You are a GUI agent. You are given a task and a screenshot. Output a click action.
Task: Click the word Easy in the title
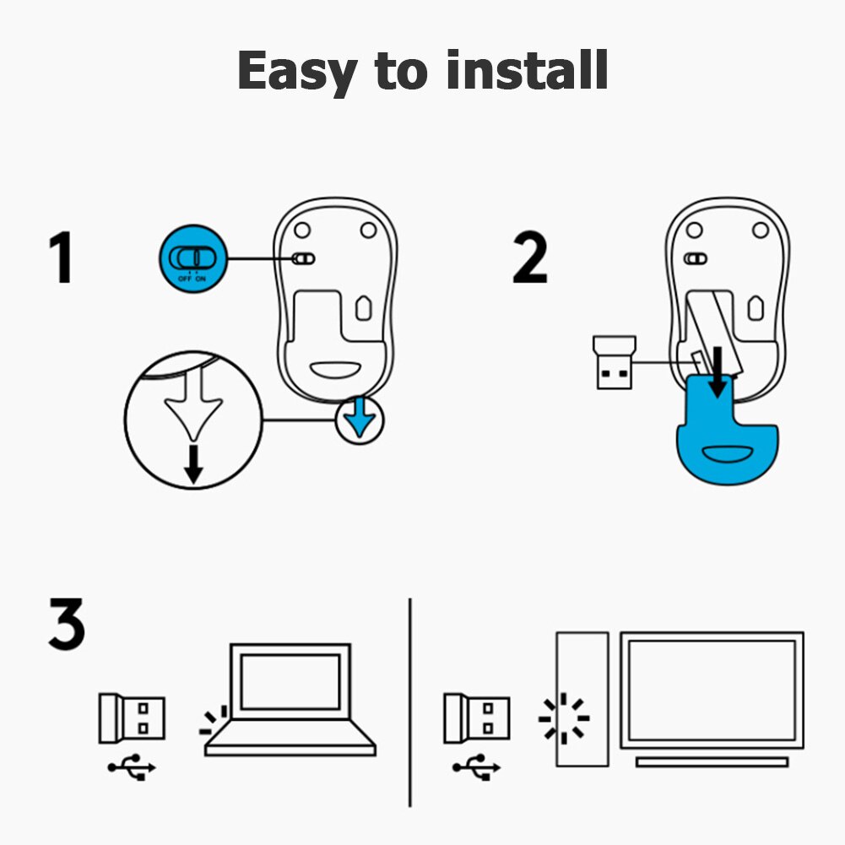(296, 71)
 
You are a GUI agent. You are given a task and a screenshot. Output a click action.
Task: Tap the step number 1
(60, 259)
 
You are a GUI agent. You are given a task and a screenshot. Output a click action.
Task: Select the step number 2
(530, 259)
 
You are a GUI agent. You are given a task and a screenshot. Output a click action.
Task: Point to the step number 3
(66, 625)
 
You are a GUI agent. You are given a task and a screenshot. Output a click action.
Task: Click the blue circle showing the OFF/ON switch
(193, 259)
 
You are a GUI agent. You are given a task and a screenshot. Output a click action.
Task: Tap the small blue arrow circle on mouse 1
(359, 420)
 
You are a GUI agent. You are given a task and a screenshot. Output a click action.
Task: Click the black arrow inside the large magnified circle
(193, 464)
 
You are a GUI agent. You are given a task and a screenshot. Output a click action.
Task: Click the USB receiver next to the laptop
(133, 718)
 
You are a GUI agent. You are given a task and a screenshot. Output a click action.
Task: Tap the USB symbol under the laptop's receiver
(133, 767)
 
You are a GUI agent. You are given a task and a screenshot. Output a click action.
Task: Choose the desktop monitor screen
(712, 689)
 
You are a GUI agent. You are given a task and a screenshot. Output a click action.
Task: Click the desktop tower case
(582, 699)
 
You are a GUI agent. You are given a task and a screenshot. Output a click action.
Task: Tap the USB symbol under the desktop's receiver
(477, 767)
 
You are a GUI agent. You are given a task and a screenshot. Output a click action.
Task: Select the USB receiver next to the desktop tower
(477, 718)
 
